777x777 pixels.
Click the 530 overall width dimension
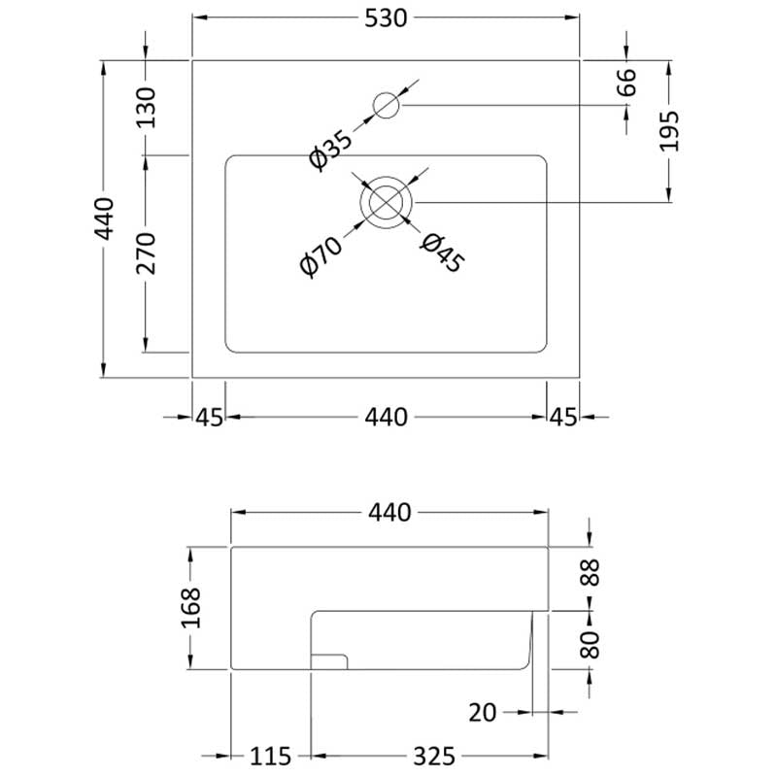click(386, 18)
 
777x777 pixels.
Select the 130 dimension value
click(146, 108)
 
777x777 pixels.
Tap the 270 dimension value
click(146, 253)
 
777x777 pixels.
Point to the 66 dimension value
click(626, 83)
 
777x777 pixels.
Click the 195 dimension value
click(668, 131)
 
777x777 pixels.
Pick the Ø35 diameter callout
click(330, 150)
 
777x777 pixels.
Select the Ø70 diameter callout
click(321, 256)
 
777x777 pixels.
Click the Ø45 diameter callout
click(443, 253)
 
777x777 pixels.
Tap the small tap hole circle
click(386, 105)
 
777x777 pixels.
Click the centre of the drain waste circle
click(386, 202)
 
